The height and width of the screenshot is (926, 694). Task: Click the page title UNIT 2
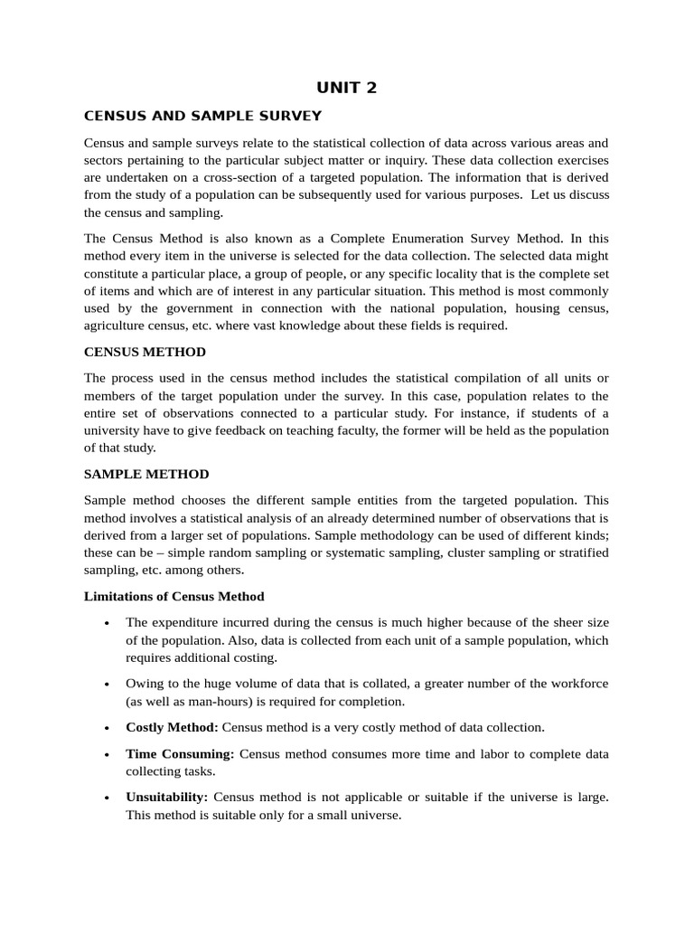(x=346, y=87)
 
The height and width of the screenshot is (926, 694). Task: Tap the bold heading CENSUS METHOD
(x=145, y=352)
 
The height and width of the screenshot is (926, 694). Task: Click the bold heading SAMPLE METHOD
(x=146, y=474)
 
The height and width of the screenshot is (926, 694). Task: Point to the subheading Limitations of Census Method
(x=173, y=596)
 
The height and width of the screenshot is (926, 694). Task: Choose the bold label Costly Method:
(x=172, y=727)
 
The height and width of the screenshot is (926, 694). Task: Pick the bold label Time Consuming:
(x=180, y=753)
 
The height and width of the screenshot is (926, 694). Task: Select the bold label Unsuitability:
(x=167, y=798)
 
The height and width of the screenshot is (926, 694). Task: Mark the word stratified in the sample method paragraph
(x=579, y=553)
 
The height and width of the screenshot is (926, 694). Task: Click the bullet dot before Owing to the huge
(x=107, y=684)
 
